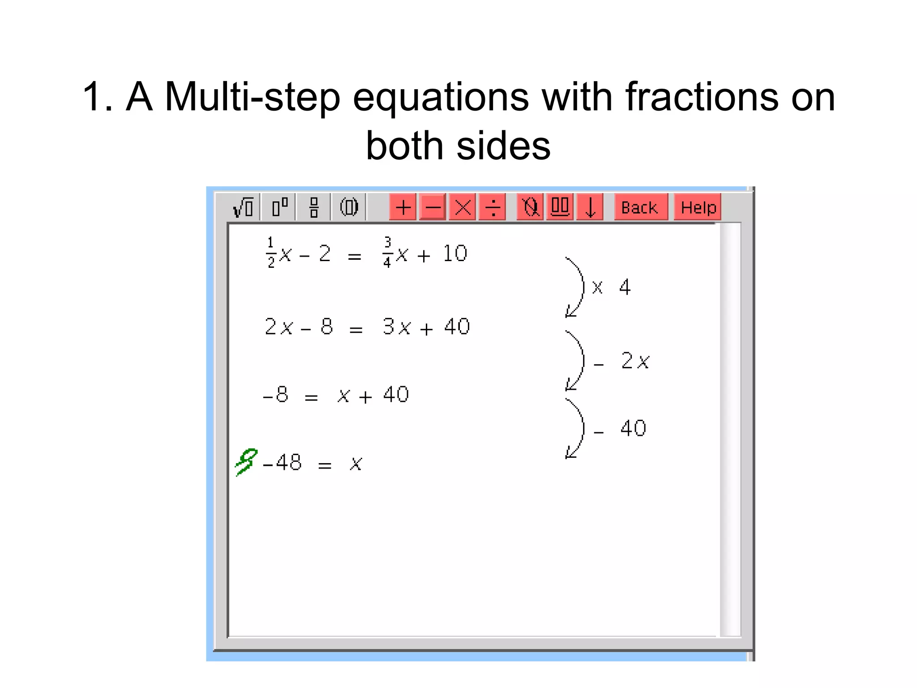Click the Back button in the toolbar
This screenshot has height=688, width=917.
pyautogui.click(x=640, y=207)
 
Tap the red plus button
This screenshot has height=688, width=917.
pyautogui.click(x=403, y=207)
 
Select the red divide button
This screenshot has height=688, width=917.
pyautogui.click(x=493, y=207)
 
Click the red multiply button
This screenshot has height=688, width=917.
pyautogui.click(x=463, y=207)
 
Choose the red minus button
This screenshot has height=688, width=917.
pyautogui.click(x=433, y=207)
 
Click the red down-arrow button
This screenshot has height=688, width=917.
pyautogui.click(x=590, y=207)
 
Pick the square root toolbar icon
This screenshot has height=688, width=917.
pyautogui.click(x=243, y=207)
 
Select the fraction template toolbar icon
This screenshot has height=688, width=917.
pyautogui.click(x=314, y=207)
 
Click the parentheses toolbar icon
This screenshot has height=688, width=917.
pyautogui.click(x=349, y=207)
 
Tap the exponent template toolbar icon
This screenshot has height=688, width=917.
pyautogui.click(x=279, y=207)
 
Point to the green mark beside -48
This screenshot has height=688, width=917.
pyautogui.click(x=246, y=461)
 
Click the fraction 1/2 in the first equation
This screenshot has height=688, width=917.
pyautogui.click(x=270, y=253)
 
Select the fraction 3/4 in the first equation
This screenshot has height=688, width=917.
pyautogui.click(x=387, y=253)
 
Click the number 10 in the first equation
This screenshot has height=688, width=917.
pyautogui.click(x=455, y=254)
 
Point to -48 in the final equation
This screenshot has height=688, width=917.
pyautogui.click(x=283, y=462)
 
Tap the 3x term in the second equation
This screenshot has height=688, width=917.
pyautogui.click(x=397, y=327)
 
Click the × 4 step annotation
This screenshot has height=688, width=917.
pyautogui.click(x=612, y=287)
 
